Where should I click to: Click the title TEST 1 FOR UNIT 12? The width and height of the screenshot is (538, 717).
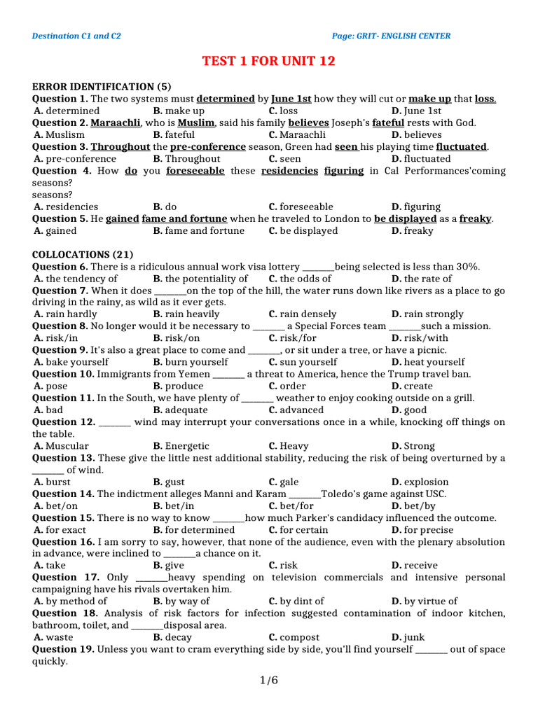click(268, 61)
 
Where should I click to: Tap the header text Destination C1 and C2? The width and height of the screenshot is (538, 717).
click(76, 36)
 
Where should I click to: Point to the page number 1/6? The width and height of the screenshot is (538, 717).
click(268, 680)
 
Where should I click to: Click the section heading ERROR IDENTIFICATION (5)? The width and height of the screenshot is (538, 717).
click(102, 87)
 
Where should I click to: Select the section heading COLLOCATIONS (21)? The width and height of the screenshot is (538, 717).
click(83, 254)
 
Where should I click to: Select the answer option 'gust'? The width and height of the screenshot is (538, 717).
click(174, 482)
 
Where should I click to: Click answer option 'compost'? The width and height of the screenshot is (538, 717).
click(299, 637)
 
